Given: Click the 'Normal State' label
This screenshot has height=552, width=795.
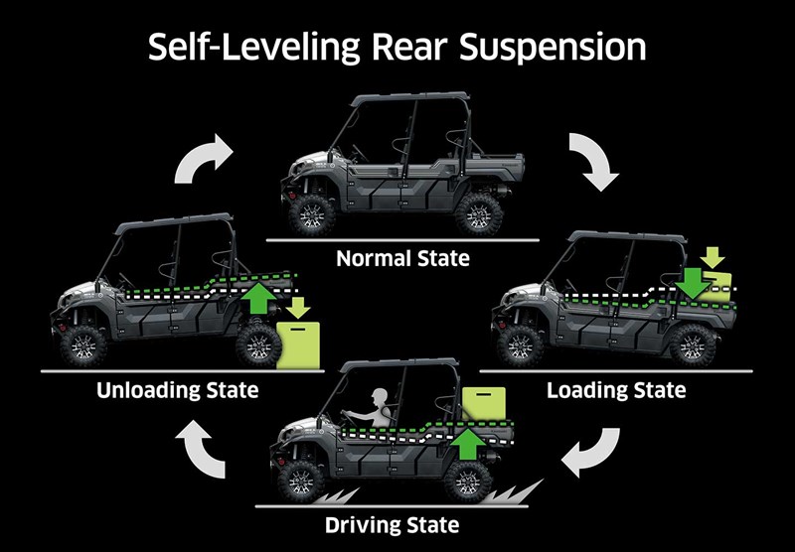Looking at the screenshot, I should [402, 260].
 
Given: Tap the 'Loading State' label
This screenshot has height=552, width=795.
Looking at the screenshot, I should [616, 390].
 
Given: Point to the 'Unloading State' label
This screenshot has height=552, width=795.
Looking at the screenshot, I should [178, 390].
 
